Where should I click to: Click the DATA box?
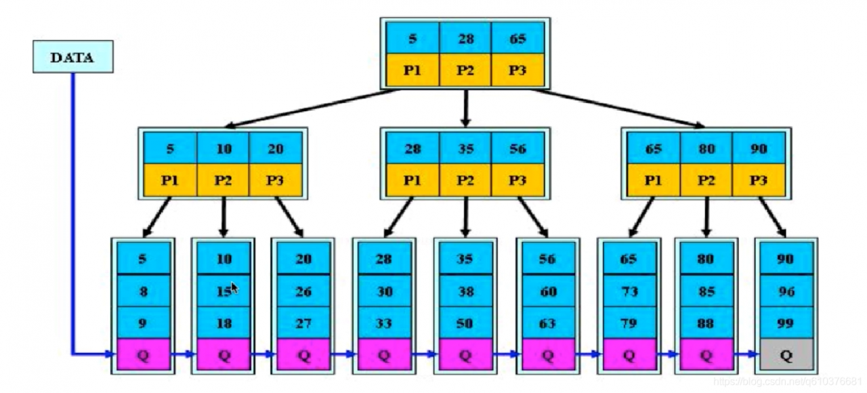(x=73, y=57)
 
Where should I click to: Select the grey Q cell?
(x=786, y=354)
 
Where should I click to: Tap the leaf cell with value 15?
(x=224, y=291)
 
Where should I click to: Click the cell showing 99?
(x=786, y=323)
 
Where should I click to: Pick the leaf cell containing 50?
(x=465, y=323)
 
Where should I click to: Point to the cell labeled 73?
(x=629, y=291)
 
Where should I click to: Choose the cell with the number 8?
(x=144, y=291)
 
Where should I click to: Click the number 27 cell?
(x=303, y=323)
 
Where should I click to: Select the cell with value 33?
(x=384, y=323)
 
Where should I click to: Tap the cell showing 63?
(x=548, y=323)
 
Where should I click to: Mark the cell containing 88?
(x=706, y=323)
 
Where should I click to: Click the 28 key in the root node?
(x=465, y=38)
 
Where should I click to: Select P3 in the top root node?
(x=518, y=70)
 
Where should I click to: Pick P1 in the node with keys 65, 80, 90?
(x=654, y=180)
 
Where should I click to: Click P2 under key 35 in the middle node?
(x=465, y=180)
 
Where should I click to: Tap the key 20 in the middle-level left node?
(x=276, y=148)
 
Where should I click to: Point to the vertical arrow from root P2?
(x=465, y=108)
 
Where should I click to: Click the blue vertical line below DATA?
(x=72, y=213)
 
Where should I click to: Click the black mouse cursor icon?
(x=234, y=289)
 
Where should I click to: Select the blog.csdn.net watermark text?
(x=788, y=381)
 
